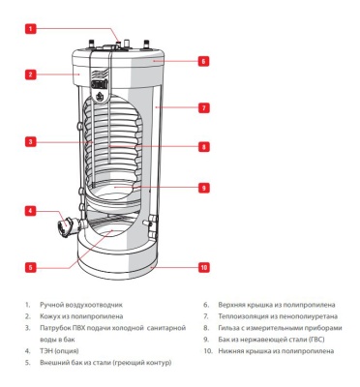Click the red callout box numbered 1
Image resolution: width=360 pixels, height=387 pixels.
pyautogui.click(x=31, y=29)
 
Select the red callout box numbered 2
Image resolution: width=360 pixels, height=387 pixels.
pyautogui.click(x=31, y=74)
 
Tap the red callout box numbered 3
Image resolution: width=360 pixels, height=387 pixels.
pyautogui.click(x=31, y=142)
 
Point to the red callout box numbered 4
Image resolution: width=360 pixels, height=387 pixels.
pyautogui.click(x=31, y=210)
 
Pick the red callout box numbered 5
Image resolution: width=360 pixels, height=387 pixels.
pyautogui.click(x=31, y=266)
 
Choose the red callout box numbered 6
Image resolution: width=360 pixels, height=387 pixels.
pyautogui.click(x=204, y=60)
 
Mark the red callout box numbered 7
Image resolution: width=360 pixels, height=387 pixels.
pyautogui.click(x=204, y=108)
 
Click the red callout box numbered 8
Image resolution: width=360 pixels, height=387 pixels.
pyautogui.click(x=204, y=147)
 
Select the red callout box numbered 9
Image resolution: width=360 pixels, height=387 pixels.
pyautogui.click(x=204, y=188)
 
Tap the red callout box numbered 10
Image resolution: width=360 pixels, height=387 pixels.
pyautogui.click(x=204, y=266)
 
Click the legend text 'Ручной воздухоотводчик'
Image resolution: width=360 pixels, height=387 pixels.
pyautogui.click(x=82, y=305)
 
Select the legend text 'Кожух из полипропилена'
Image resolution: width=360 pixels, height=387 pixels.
pyautogui.click(x=83, y=315)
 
